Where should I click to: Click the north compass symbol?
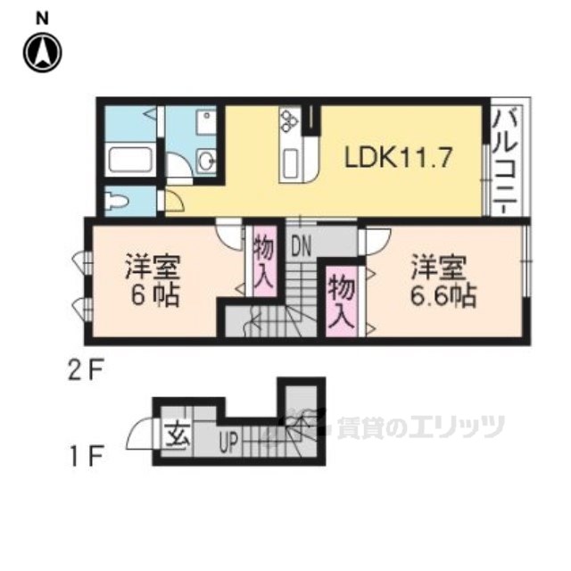tap(43, 53)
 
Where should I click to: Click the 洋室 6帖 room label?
tap(152, 280)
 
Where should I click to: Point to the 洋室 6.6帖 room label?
tap(442, 280)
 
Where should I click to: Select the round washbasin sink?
tap(206, 161)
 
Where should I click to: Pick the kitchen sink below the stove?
tap(292, 165)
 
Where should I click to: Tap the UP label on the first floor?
tap(228, 441)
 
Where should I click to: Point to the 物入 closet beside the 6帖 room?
tap(263, 260)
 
